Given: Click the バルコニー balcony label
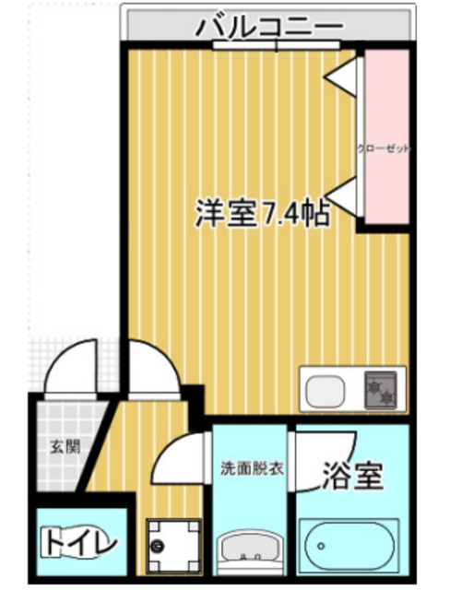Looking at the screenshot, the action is pyautogui.click(x=270, y=27).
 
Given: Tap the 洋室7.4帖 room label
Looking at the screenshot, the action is pyautogui.click(x=262, y=214).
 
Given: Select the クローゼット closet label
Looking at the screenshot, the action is pyautogui.click(x=383, y=148).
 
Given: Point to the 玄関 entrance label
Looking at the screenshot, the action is pyautogui.click(x=65, y=446).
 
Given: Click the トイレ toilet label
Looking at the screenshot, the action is pyautogui.click(x=78, y=542).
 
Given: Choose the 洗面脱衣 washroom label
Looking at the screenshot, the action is pyautogui.click(x=252, y=469).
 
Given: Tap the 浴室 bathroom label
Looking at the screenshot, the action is pyautogui.click(x=353, y=476).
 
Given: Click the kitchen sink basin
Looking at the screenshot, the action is pyautogui.click(x=326, y=391).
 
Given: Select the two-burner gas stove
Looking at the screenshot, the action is pyautogui.click(x=381, y=390).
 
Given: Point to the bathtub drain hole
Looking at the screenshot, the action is pyautogui.click(x=321, y=546).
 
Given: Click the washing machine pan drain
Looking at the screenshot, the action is pyautogui.click(x=157, y=545).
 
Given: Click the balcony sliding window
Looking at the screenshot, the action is pyautogui.click(x=277, y=45).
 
